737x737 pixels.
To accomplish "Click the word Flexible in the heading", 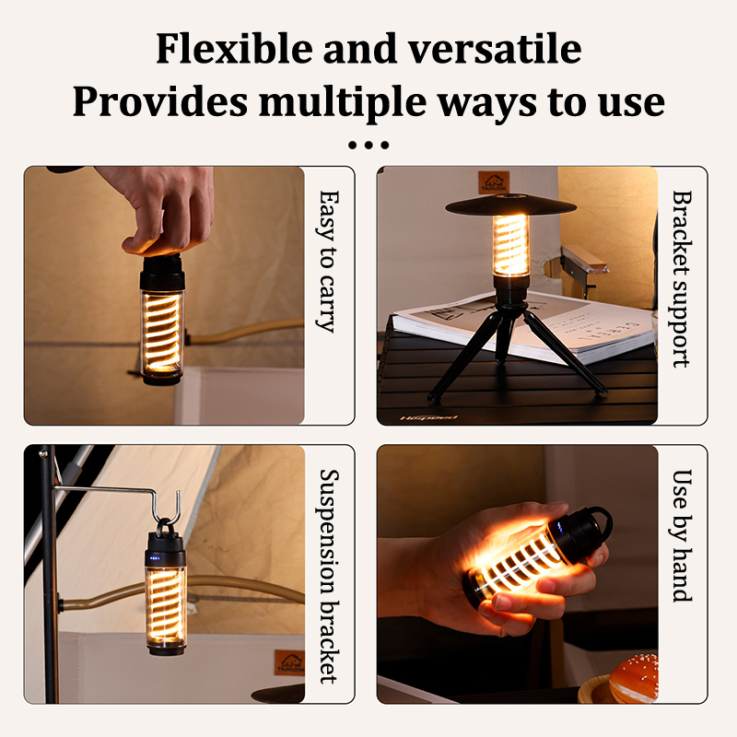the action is point(234,48).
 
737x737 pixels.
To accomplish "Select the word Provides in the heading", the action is point(160,101).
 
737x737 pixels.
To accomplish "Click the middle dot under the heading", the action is point(368,145).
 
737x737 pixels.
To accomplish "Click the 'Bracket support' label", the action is point(682,278).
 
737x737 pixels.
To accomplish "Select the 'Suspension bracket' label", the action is point(330,576).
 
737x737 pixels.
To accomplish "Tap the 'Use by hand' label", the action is point(682,535).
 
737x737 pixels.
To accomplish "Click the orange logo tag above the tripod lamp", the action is point(494,182).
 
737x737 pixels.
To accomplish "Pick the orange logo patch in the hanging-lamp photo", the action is point(289,662).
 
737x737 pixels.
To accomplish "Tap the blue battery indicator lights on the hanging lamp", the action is point(155,558).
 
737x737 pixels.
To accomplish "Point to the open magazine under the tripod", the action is point(521,327).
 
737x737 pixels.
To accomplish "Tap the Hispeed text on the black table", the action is point(428,417).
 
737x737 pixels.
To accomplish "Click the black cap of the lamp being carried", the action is point(162,273).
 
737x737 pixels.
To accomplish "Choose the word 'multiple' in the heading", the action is point(343,102).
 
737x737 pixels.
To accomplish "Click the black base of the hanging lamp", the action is point(167,649).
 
